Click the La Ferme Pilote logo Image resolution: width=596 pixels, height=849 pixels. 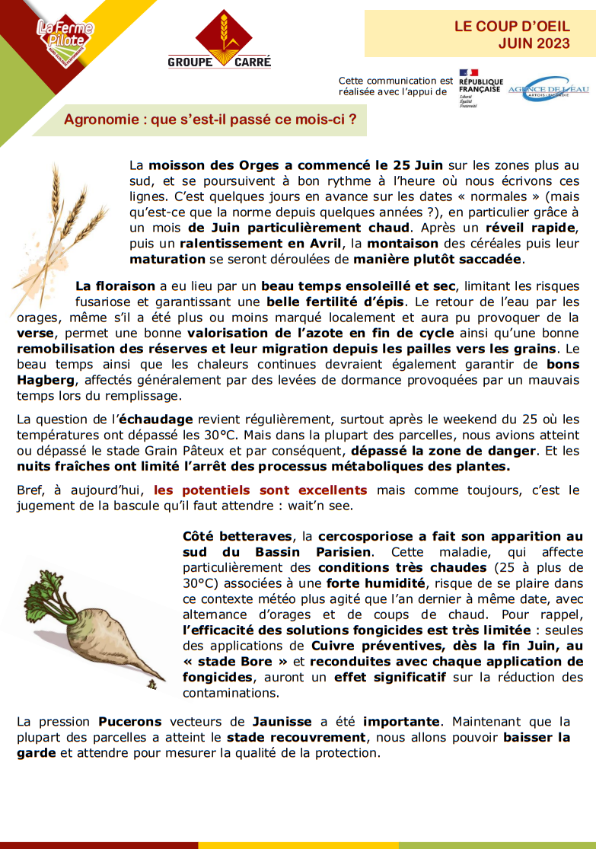pyautogui.click(x=65, y=37)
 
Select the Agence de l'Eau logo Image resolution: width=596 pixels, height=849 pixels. pyautogui.click(x=548, y=88)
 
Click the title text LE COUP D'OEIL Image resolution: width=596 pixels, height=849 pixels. pyautogui.click(x=512, y=26)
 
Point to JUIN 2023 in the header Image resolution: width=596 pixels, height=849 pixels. pyautogui.click(x=534, y=44)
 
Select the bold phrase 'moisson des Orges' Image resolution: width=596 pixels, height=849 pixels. pyautogui.click(x=202, y=165)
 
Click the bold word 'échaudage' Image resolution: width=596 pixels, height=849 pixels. pyautogui.click(x=157, y=420)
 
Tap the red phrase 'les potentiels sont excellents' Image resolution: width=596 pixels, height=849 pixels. pyautogui.click(x=260, y=490)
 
